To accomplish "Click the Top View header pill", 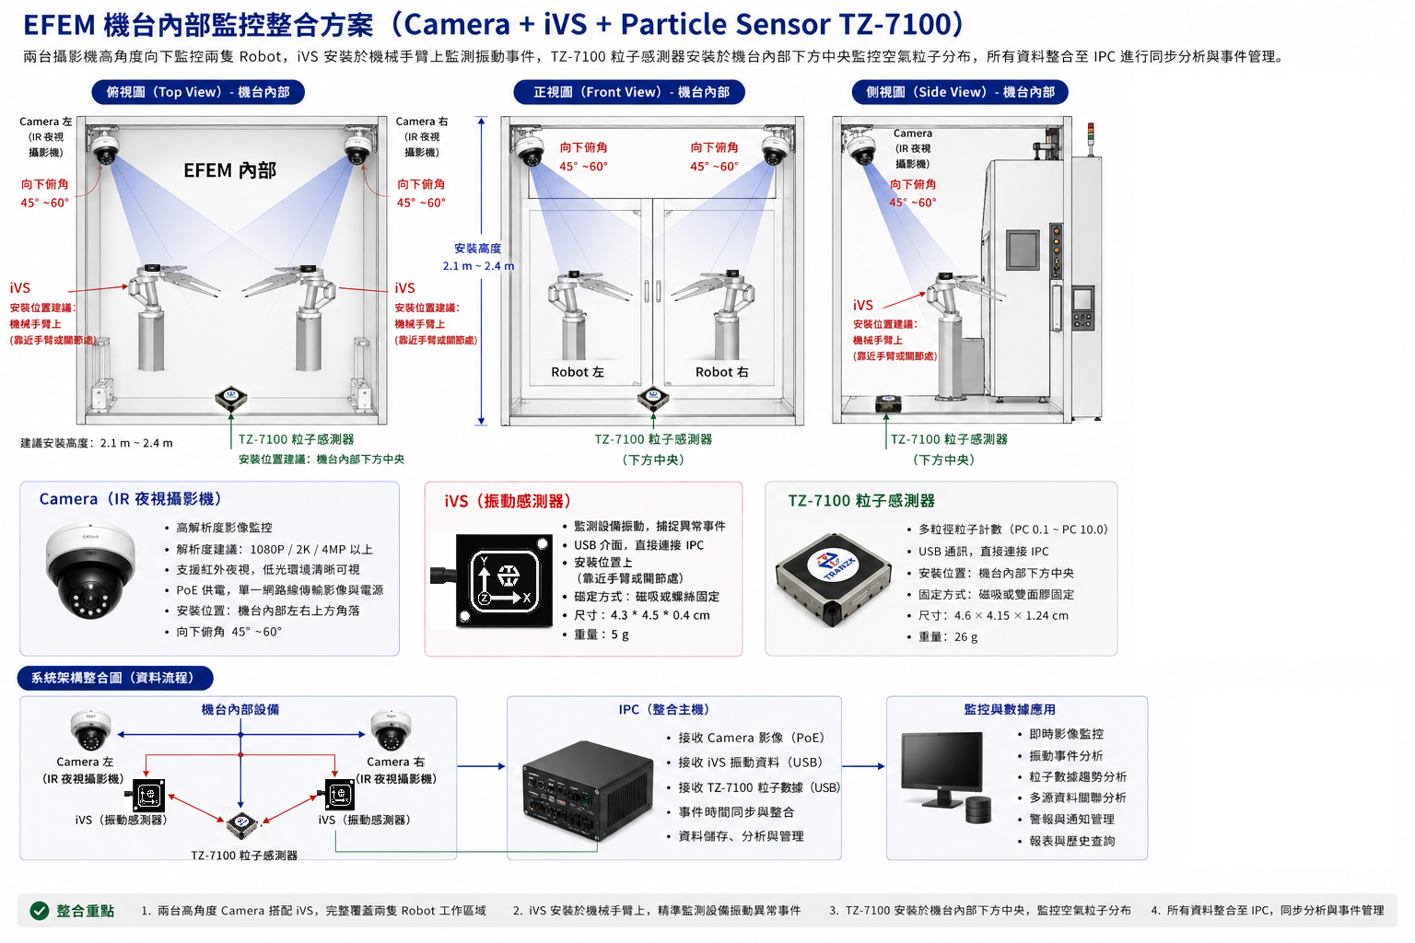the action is point(198,92).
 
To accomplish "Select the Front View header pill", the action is point(629,92).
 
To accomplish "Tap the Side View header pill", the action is point(960,92).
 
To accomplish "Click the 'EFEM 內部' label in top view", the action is point(230,170).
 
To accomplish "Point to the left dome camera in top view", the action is point(106,146).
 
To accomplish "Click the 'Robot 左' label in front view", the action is point(578,372).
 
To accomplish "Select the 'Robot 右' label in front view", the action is point(721,372).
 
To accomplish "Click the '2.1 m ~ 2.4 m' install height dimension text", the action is point(478,266).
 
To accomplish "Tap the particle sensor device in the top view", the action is point(230,398).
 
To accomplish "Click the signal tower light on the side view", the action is point(1091,138).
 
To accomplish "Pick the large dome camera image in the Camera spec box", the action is point(90,570).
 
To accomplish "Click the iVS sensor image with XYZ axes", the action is point(497,581).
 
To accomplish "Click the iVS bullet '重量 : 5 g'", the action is point(601,634).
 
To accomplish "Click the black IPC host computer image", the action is point(588,791).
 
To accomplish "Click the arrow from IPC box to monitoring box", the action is point(863,766).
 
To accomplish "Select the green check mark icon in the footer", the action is point(40,910).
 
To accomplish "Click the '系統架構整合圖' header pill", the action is point(115,678).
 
